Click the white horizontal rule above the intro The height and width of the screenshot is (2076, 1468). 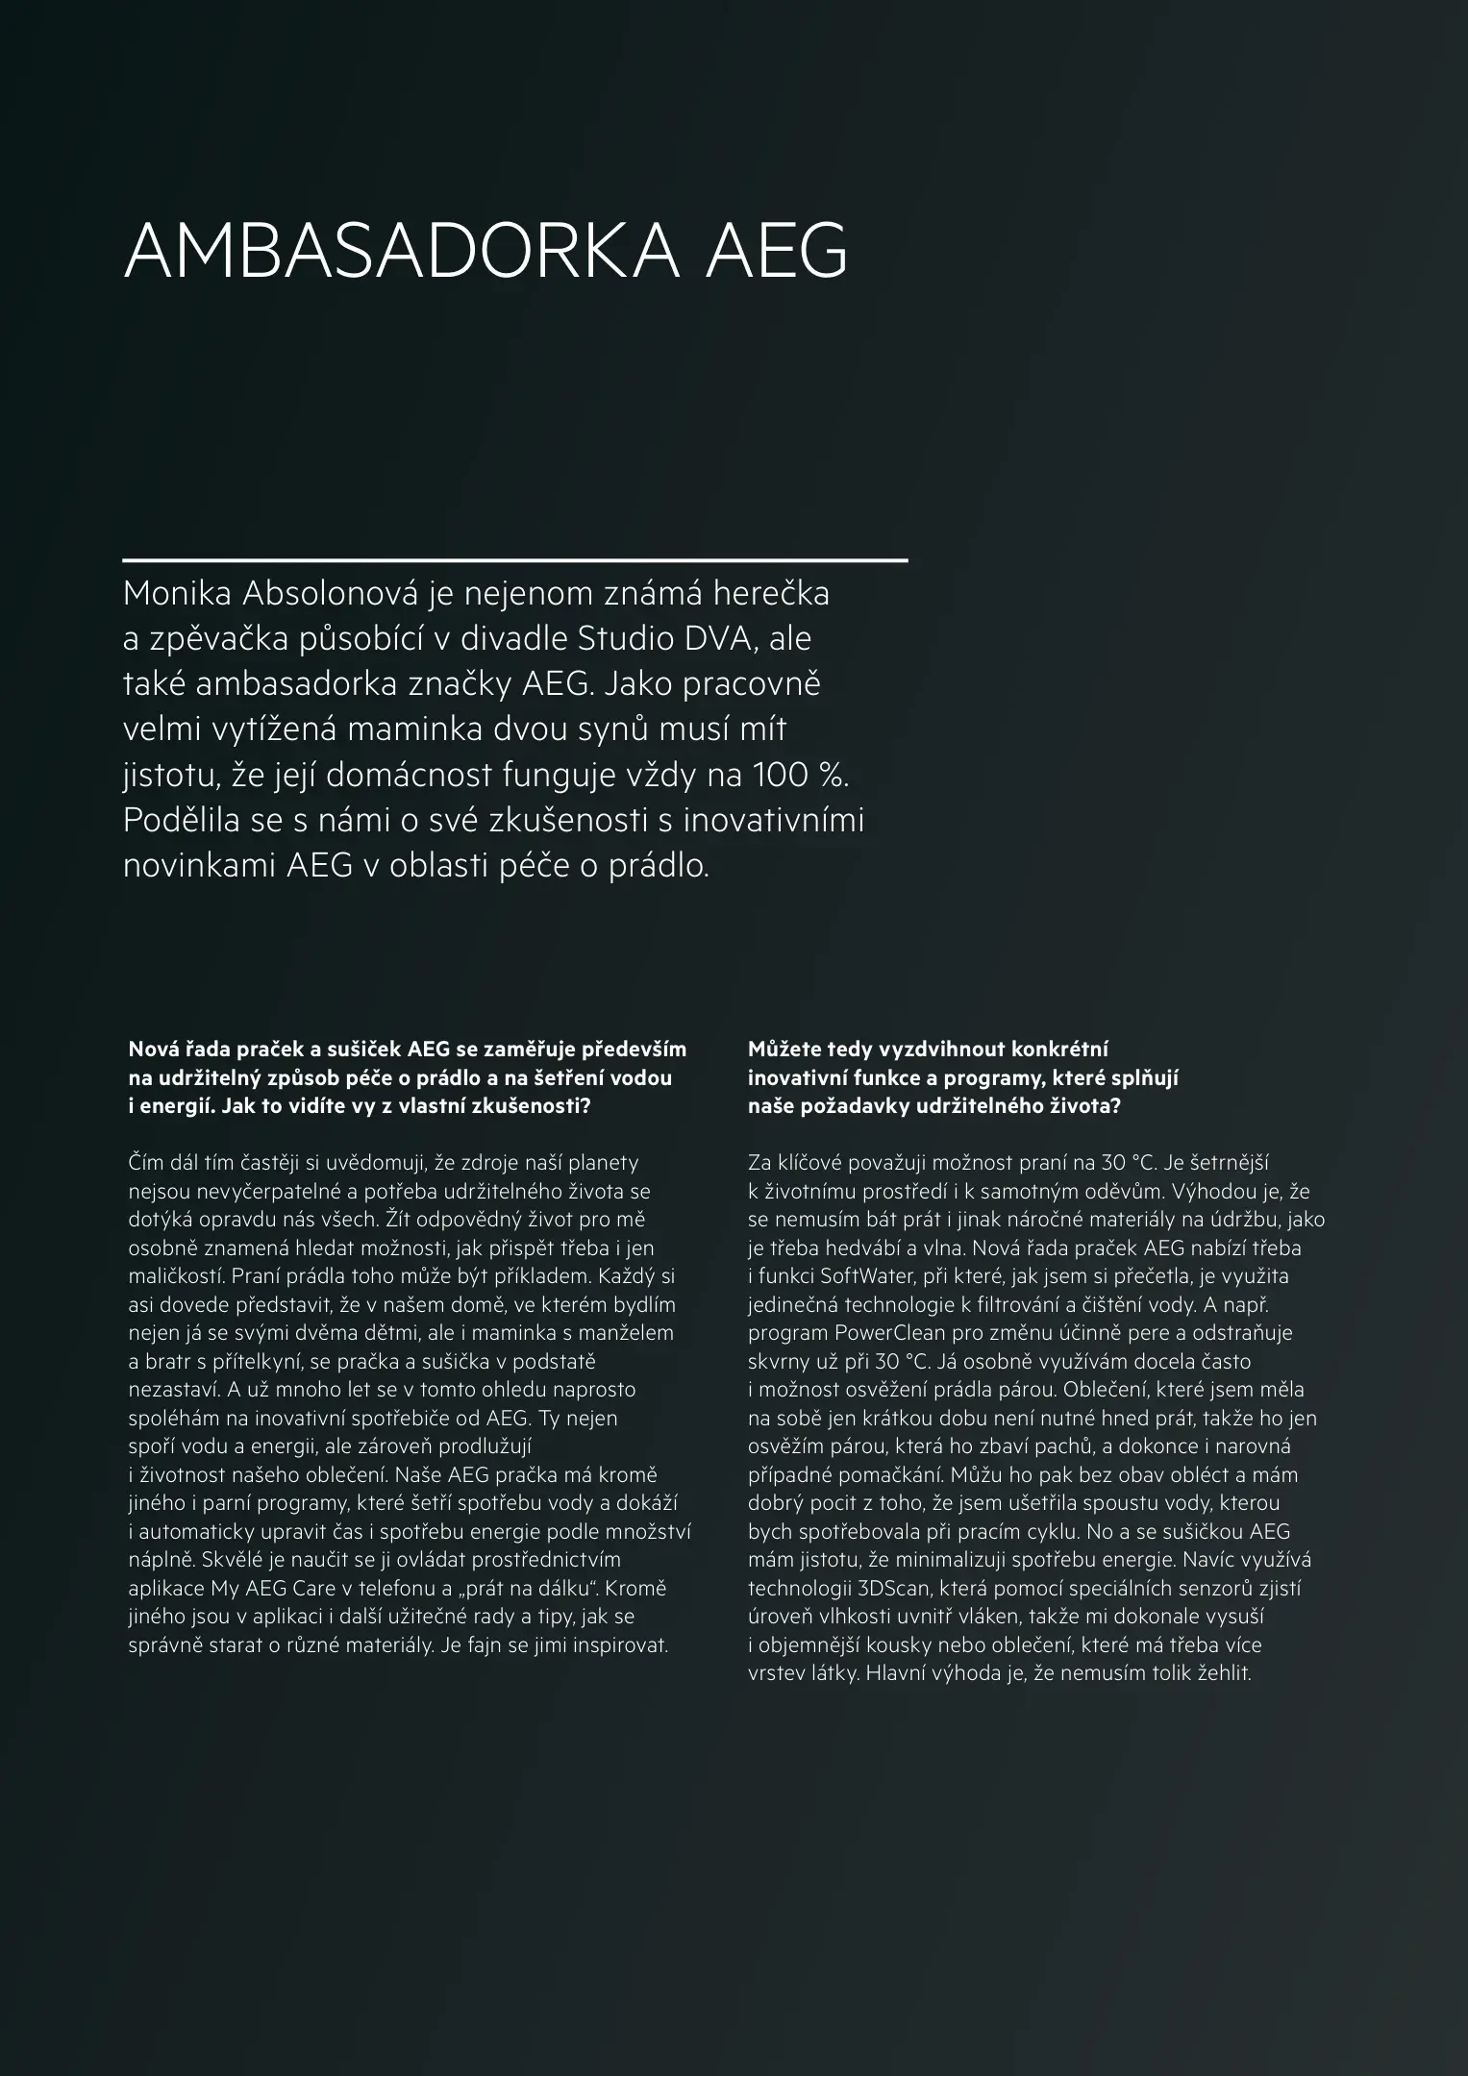pyautogui.click(x=515, y=559)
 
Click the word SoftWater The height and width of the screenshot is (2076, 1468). pyautogui.click(x=859, y=1276)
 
